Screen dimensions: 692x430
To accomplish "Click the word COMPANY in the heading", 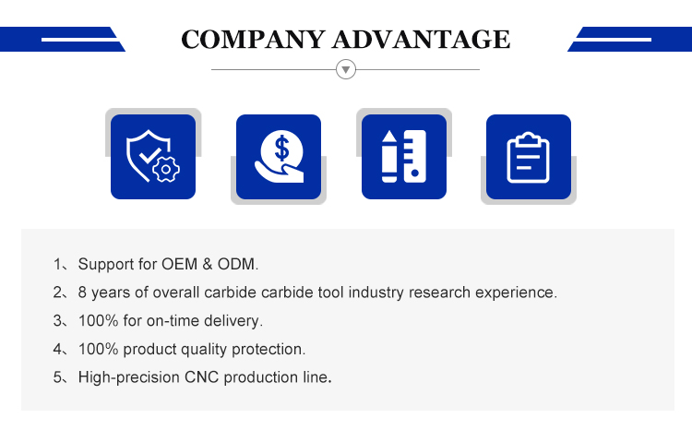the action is pyautogui.click(x=254, y=40).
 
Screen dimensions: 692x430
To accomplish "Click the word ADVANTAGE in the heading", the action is pyautogui.click(x=422, y=40).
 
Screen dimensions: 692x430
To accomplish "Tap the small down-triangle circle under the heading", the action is pyautogui.click(x=346, y=69).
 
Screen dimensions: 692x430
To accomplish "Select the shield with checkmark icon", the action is pyautogui.click(x=149, y=154).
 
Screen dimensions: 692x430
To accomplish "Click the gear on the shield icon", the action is pyautogui.click(x=166, y=169).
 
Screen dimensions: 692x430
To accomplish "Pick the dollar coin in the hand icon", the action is pyautogui.click(x=281, y=149).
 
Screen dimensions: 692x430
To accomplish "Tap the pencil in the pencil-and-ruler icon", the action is pyautogui.click(x=388, y=156).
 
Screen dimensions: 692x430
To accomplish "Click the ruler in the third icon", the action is pyautogui.click(x=415, y=156).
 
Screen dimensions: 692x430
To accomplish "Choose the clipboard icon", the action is pyautogui.click(x=529, y=157).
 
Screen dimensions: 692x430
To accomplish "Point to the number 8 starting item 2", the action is pyautogui.click(x=82, y=293).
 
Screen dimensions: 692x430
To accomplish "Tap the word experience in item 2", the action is pyautogui.click(x=515, y=293).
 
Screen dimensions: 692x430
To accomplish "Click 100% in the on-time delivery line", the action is pyautogui.click(x=98, y=320).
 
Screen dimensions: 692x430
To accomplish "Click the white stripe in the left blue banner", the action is pyautogui.click(x=80, y=40).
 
